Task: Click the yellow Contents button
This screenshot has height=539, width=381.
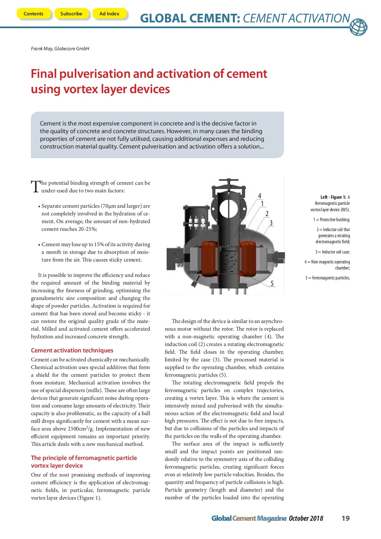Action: (x=33, y=14)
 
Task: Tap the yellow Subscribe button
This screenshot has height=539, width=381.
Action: (x=71, y=14)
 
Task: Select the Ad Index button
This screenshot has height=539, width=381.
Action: (x=109, y=14)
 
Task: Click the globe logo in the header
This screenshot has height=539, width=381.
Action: (x=358, y=27)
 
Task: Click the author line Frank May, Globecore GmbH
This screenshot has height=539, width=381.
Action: (x=60, y=49)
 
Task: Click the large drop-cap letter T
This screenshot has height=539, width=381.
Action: (x=35, y=186)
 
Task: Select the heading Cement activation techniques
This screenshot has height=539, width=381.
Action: (x=72, y=350)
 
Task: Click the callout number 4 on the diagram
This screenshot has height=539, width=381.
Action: (x=259, y=196)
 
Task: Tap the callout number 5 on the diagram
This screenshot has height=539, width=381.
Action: (x=272, y=283)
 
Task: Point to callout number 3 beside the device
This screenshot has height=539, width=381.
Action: (x=271, y=223)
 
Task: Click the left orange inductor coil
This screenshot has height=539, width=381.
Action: (x=209, y=259)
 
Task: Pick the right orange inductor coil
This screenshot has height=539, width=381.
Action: (x=248, y=259)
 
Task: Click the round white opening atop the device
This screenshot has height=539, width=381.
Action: (x=228, y=209)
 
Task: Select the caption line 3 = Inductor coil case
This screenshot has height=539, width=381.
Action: (x=332, y=252)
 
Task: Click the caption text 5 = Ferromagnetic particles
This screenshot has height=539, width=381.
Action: (x=328, y=278)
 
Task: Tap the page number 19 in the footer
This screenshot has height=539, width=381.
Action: (x=345, y=519)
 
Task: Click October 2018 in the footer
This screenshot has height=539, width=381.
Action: (x=306, y=519)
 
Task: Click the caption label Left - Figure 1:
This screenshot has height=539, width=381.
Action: (x=333, y=197)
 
